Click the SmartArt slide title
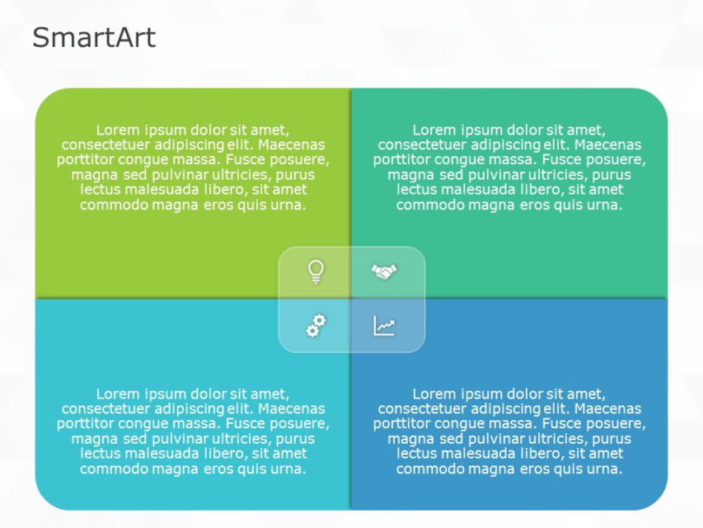click(93, 38)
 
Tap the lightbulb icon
click(316, 271)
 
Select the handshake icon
click(384, 271)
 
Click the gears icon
click(316, 326)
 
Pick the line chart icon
click(384, 326)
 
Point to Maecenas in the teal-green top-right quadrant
click(612, 144)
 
